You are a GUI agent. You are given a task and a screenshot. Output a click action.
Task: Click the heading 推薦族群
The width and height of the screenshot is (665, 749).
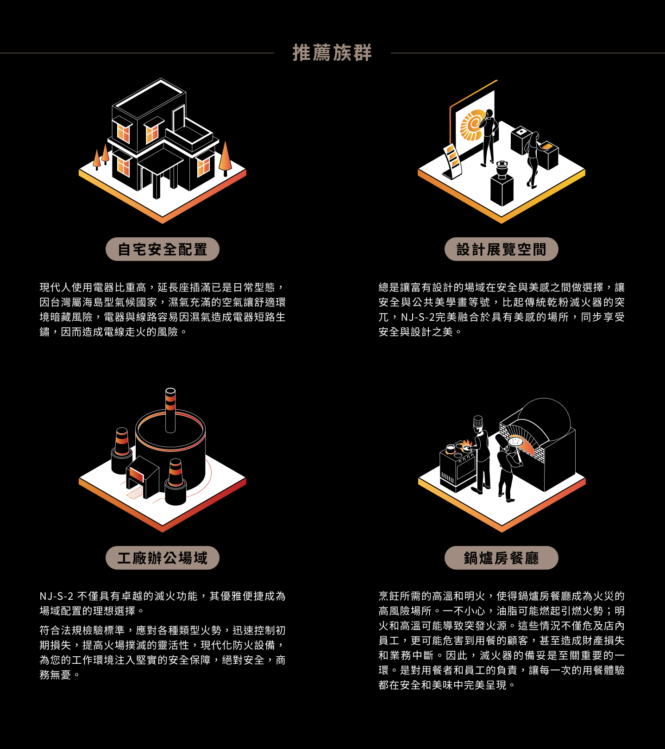(332, 53)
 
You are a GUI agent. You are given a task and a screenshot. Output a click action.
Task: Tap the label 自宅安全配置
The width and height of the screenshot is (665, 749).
(163, 249)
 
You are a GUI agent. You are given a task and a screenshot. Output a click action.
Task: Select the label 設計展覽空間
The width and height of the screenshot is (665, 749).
(502, 249)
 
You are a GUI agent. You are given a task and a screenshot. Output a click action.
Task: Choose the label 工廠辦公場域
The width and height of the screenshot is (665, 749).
(163, 558)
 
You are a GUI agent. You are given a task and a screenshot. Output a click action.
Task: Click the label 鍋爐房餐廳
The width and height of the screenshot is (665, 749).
(502, 558)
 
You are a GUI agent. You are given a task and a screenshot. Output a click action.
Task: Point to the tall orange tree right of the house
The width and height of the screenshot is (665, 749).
(225, 158)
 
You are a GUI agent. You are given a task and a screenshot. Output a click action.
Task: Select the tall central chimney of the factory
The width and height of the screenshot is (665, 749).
(170, 410)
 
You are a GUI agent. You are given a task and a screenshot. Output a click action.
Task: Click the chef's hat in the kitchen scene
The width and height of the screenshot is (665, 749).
(478, 422)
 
